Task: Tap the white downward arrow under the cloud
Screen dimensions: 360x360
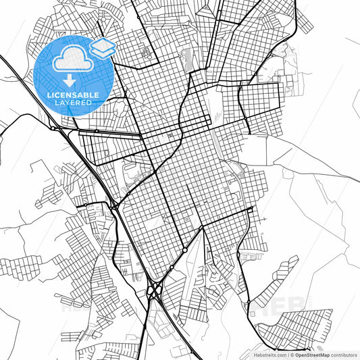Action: coord(70,80)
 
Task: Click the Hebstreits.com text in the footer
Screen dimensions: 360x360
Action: coord(267,355)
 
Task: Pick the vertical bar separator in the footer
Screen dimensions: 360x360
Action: coord(287,355)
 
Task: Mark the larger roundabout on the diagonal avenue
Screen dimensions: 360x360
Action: coord(184,250)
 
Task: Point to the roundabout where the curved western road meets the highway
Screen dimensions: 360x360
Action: coord(53,128)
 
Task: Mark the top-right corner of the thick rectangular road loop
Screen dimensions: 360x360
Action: coord(280,85)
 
